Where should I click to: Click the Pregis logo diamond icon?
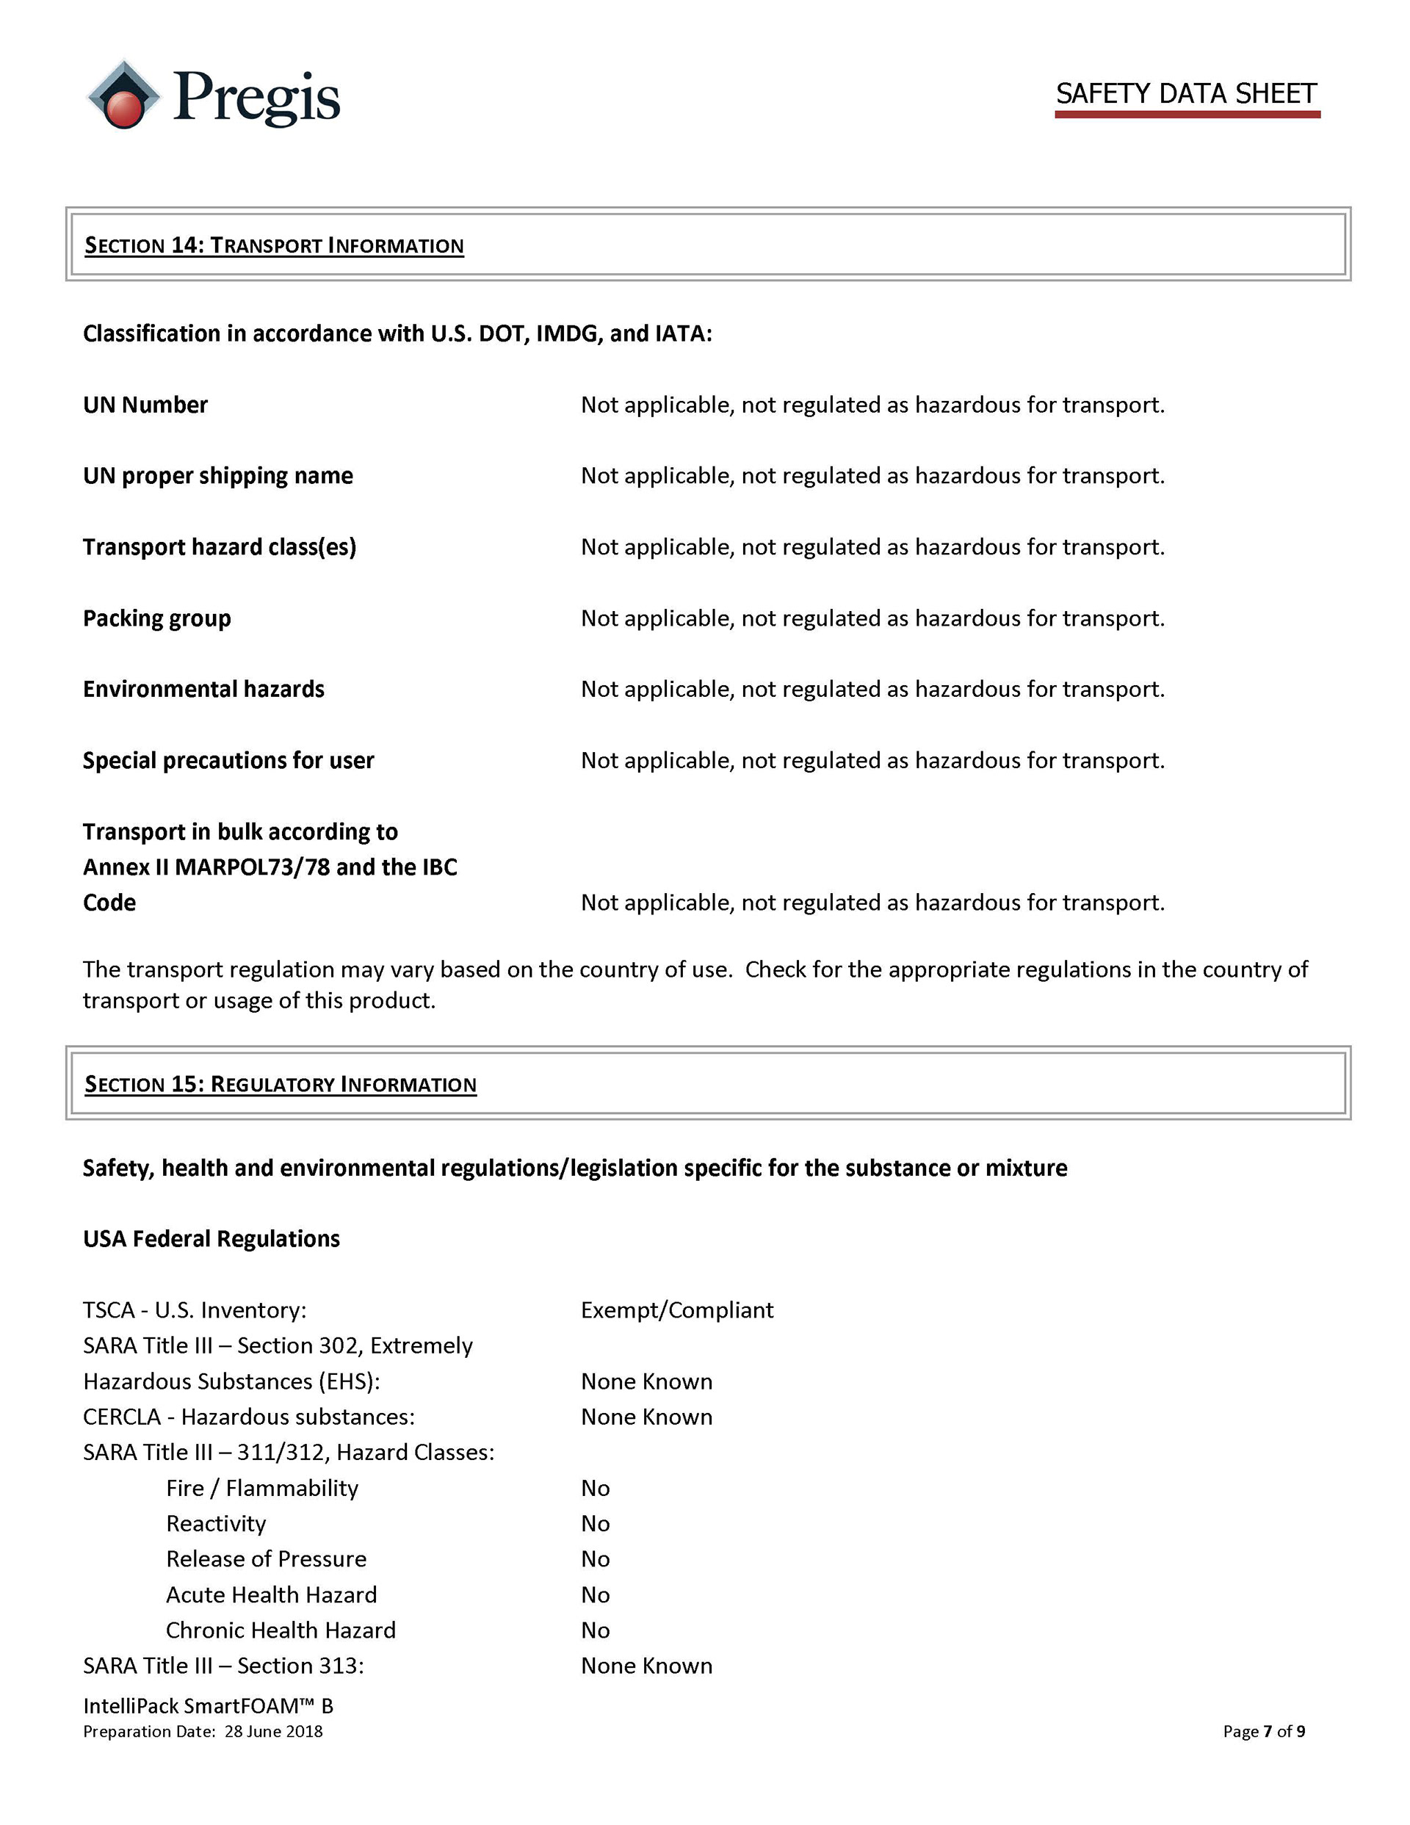(123, 95)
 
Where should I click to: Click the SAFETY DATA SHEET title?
(1185, 93)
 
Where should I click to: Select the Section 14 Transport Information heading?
(273, 245)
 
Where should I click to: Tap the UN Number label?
(145, 405)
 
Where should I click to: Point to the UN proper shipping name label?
(217, 475)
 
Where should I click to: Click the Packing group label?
(156, 618)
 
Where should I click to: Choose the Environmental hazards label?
(203, 690)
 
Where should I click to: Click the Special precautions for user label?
(228, 760)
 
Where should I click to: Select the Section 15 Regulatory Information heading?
(280, 1084)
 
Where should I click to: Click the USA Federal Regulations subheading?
(211, 1238)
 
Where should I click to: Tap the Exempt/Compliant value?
(677, 1309)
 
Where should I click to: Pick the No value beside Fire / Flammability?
(595, 1488)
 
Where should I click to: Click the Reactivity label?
(216, 1523)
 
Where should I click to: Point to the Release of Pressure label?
(266, 1558)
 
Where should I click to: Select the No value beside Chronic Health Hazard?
(595, 1630)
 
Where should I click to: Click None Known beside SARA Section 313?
(646, 1666)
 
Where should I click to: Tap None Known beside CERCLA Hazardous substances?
(646, 1417)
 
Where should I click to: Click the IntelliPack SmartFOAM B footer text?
(207, 1705)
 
